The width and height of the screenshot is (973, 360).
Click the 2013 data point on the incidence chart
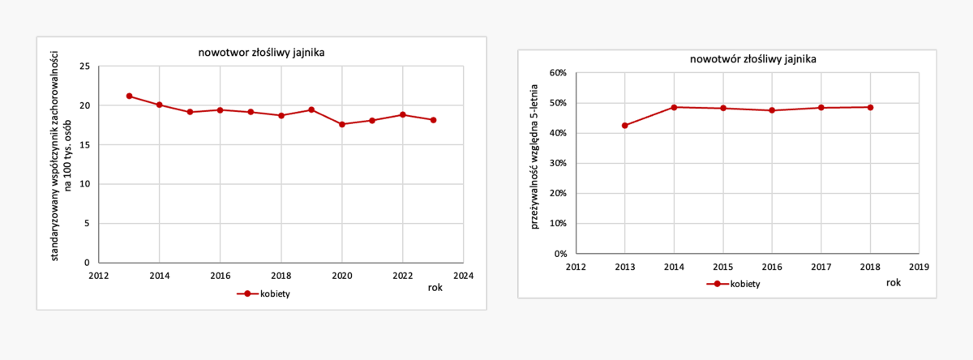pos(129,96)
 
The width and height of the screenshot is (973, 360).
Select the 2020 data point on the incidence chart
pos(342,124)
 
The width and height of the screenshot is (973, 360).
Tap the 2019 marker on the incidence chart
pos(311,109)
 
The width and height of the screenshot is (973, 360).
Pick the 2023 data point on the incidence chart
pos(434,120)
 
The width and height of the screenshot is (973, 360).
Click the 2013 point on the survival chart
pos(625,126)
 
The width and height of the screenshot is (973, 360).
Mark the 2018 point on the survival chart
pos(870,107)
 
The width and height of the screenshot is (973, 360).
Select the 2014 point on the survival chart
pos(674,107)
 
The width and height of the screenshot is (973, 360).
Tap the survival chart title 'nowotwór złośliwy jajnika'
pos(752,59)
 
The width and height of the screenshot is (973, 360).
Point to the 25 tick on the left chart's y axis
pos(84,66)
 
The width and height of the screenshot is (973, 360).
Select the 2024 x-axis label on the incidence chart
pos(463,276)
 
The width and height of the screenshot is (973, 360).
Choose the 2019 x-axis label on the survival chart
pos(919,267)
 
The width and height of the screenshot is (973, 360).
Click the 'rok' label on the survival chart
pos(893,282)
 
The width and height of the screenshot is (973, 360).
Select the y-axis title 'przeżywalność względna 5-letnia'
pos(535,162)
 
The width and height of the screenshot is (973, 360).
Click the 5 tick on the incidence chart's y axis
pos(87,224)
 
